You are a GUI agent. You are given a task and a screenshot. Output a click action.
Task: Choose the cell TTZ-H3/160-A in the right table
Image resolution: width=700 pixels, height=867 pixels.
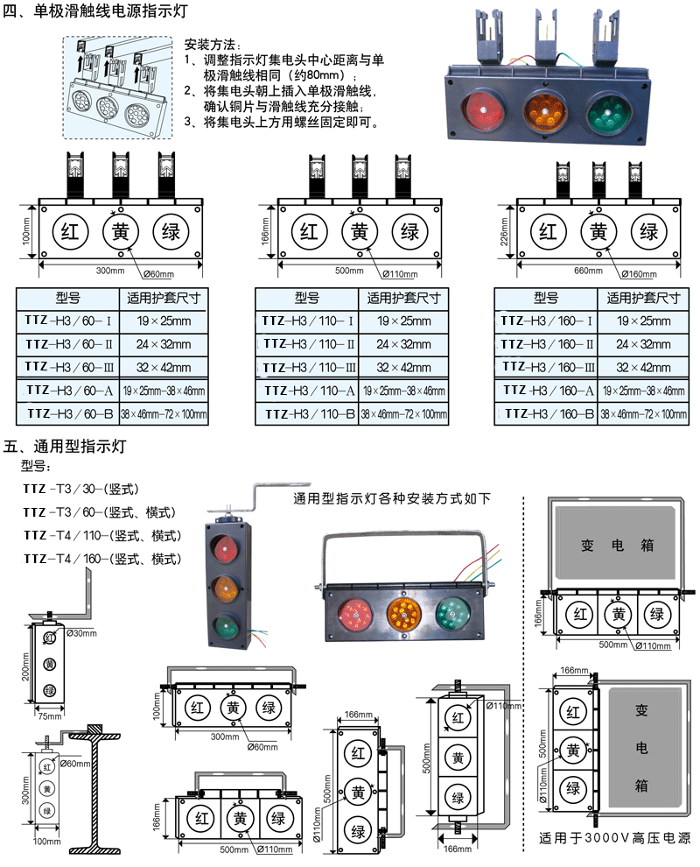pyautogui.click(x=546, y=390)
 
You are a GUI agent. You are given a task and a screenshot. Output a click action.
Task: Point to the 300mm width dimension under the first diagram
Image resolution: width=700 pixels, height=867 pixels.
pyautogui.click(x=110, y=271)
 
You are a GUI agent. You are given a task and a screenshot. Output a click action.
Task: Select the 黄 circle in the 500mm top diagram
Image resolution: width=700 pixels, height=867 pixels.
pyautogui.click(x=359, y=231)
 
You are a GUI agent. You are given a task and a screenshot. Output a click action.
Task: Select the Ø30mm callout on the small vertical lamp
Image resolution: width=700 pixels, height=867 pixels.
pyautogui.click(x=80, y=632)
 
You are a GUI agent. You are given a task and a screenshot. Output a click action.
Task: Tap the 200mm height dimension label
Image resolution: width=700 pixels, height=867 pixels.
pyautogui.click(x=25, y=670)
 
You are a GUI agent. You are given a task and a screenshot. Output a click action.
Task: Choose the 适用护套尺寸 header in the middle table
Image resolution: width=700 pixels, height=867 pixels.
pyautogui.click(x=402, y=298)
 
